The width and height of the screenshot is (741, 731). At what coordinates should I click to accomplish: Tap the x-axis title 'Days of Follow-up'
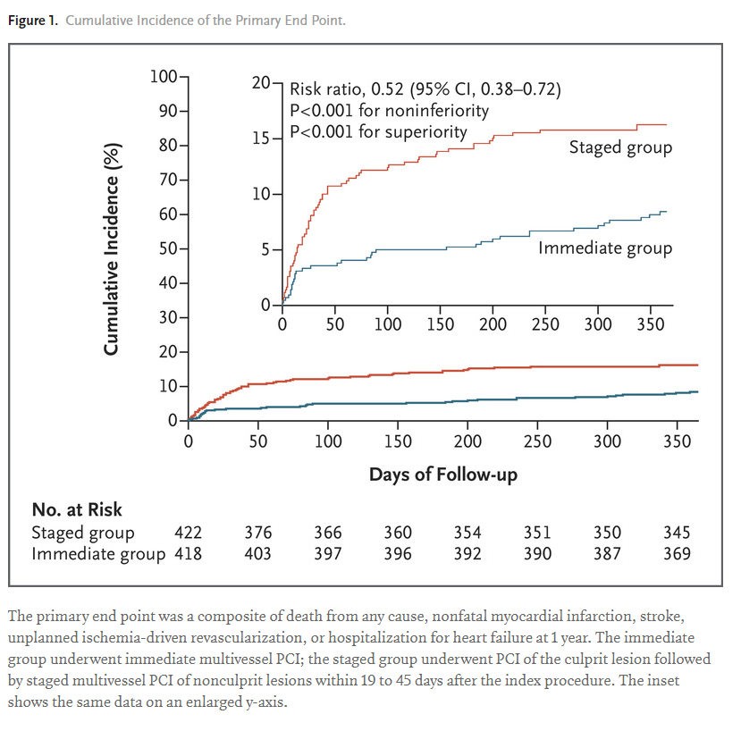point(442,474)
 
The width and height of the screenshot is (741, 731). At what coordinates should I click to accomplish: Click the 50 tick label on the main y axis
point(169,248)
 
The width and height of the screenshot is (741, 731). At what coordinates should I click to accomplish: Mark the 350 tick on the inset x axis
point(650,323)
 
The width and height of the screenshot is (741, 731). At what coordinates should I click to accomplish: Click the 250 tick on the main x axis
point(537,441)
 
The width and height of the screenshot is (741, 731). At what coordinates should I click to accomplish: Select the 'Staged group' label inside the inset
point(620,147)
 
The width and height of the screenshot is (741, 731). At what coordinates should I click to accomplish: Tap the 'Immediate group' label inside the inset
point(604,248)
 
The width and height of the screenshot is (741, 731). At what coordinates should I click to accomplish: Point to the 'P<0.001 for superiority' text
point(378,132)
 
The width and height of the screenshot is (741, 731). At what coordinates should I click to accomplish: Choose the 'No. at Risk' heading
point(77,509)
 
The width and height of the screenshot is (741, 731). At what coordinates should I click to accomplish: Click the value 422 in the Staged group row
point(188,533)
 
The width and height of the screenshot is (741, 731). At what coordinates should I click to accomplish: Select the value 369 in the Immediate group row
point(677,554)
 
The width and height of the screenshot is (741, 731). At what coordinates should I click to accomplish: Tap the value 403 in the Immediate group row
point(258,554)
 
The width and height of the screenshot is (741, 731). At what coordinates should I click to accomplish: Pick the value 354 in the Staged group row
point(467,533)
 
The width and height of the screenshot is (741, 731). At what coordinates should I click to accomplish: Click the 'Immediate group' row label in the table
point(98,554)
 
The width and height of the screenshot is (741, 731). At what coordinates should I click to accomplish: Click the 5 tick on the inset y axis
point(265,250)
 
